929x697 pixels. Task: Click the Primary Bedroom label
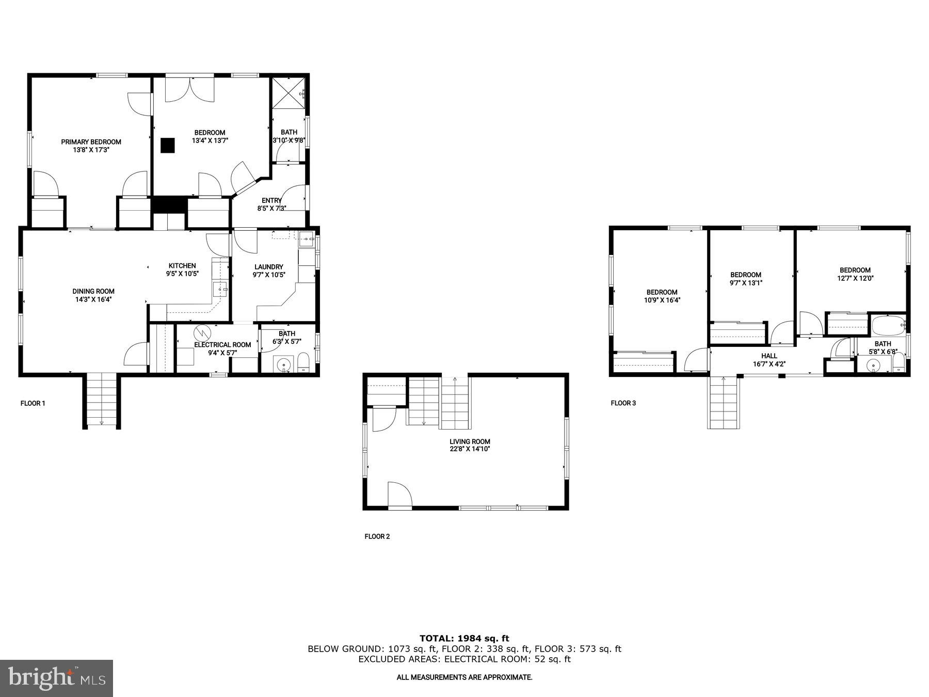point(91,142)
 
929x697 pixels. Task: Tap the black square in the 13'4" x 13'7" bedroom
point(167,146)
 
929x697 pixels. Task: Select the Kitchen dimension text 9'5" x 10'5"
point(182,274)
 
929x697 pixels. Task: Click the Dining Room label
point(93,291)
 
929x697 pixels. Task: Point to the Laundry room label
point(268,267)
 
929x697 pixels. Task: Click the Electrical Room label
point(222,345)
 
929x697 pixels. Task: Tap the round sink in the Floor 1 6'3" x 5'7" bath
point(283,365)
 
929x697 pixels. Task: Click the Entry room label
point(271,201)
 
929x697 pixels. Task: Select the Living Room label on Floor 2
point(470,441)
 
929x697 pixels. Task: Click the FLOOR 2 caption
point(377,536)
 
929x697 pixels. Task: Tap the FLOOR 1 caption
point(33,403)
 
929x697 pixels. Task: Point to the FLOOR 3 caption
point(623,403)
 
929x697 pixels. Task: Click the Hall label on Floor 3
point(769,356)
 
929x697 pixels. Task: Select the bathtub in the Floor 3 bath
point(888,325)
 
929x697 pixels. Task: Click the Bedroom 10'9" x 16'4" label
point(662,292)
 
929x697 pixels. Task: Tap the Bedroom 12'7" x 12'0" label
point(855,270)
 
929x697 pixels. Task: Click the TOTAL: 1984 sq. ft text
point(464,639)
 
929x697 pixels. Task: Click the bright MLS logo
point(56,678)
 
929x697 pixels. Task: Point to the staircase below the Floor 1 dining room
point(101,400)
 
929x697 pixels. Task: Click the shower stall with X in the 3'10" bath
point(289,93)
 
